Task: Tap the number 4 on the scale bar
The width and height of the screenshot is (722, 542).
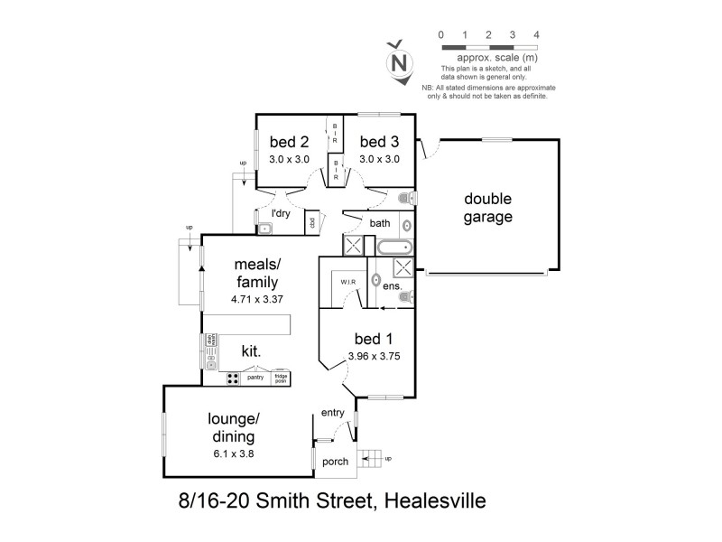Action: [536, 34]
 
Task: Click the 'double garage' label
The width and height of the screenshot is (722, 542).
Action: [488, 208]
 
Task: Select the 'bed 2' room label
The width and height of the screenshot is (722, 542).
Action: [289, 142]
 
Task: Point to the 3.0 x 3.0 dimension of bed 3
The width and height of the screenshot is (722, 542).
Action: [379, 159]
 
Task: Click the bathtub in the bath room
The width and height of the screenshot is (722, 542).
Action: [393, 247]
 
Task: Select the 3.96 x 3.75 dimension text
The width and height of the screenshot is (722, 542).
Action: [374, 356]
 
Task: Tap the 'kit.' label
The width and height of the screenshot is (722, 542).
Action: [251, 350]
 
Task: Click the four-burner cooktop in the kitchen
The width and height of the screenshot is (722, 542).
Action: [232, 378]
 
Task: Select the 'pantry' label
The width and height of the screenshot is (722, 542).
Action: [255, 378]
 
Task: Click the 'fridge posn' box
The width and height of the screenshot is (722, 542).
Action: [281, 378]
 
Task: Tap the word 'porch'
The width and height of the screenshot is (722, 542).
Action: [334, 462]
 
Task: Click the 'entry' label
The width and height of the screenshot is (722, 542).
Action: [333, 414]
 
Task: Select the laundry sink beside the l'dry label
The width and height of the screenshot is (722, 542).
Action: [264, 229]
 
